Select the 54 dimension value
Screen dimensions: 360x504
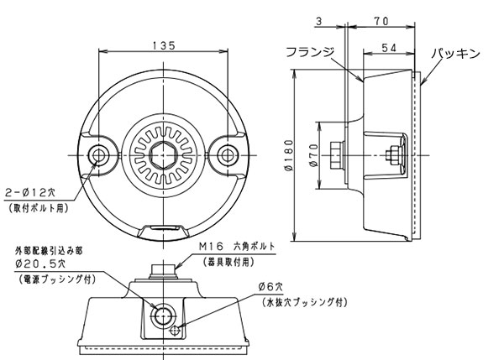pyautogui.click(x=387, y=50)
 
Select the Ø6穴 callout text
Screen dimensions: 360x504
pyautogui.click(x=275, y=288)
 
